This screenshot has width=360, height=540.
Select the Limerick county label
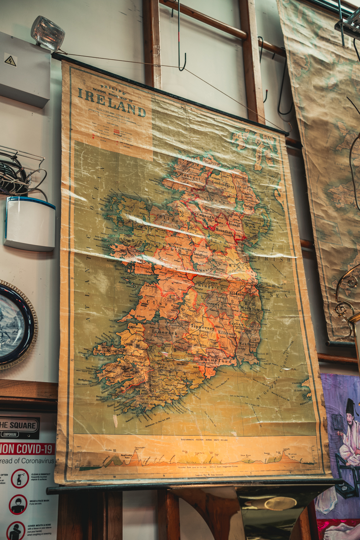pos(165,332)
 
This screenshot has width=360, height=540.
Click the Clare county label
pos(156,303)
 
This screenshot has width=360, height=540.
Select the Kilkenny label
pos(226,333)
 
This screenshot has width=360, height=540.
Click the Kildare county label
pos(237,294)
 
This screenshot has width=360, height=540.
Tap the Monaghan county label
pos(224,232)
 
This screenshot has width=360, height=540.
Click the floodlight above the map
pos(48,33)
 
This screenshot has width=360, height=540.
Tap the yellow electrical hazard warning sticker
pos(10,61)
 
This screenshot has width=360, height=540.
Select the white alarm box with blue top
pos(30,223)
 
